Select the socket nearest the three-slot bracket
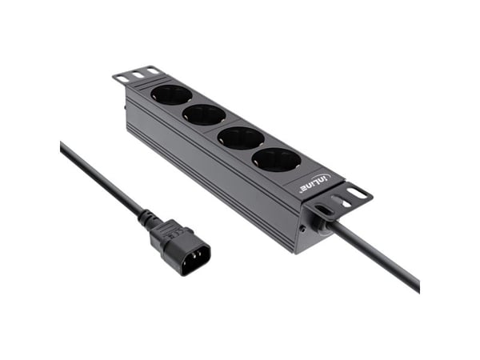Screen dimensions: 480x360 171,95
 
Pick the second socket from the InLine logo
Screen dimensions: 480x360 241,138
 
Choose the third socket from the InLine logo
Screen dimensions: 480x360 204,114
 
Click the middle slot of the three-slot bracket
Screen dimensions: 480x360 138,74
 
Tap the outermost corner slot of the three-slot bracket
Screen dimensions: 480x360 123,79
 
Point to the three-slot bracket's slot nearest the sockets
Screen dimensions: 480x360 153,71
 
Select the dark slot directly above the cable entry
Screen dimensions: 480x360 323,210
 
